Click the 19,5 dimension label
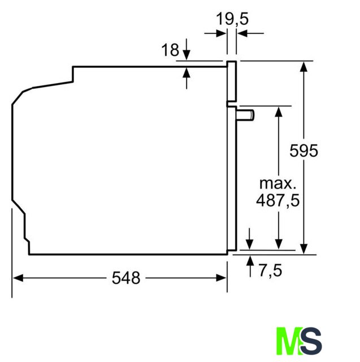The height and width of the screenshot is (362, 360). click(232, 19)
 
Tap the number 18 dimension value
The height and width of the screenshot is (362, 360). click(170, 50)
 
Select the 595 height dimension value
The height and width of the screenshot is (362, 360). click(303, 151)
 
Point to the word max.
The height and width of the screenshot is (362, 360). click(277, 183)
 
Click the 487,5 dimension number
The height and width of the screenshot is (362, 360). click(277, 200)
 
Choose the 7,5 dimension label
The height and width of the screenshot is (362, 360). click(270, 270)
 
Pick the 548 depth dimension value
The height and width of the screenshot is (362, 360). click(126, 278)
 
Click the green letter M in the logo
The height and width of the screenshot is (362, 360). click(289, 341)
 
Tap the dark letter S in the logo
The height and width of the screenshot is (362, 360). click(311, 341)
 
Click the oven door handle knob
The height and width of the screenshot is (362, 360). click(245, 115)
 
